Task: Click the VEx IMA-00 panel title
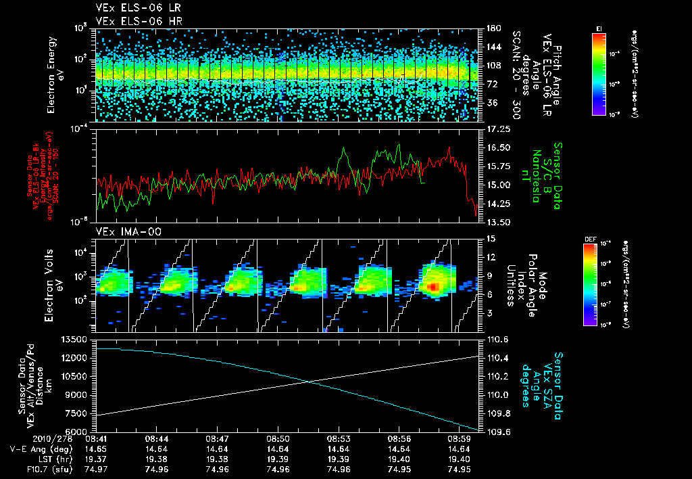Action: [x=124, y=232]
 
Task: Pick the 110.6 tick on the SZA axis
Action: [x=497, y=339]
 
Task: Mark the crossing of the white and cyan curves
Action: [x=309, y=382]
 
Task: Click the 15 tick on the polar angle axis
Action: [x=488, y=238]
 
